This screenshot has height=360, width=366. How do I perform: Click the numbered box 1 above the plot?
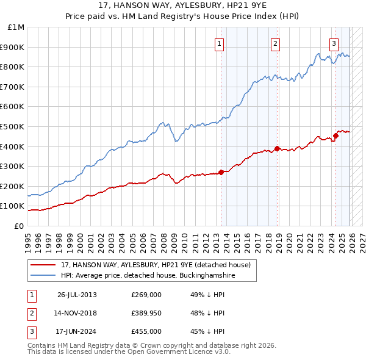tap(219, 43)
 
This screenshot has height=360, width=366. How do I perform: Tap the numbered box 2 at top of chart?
tap(276, 43)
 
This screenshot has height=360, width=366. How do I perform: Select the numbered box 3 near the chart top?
tap(334, 43)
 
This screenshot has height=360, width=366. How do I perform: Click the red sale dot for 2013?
tap(221, 172)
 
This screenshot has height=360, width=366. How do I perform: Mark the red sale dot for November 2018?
tap(277, 148)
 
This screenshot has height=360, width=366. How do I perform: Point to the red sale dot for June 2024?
tap(335, 135)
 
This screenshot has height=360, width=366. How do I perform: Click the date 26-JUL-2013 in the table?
tap(77, 295)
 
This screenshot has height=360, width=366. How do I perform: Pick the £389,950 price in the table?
tap(146, 313)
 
